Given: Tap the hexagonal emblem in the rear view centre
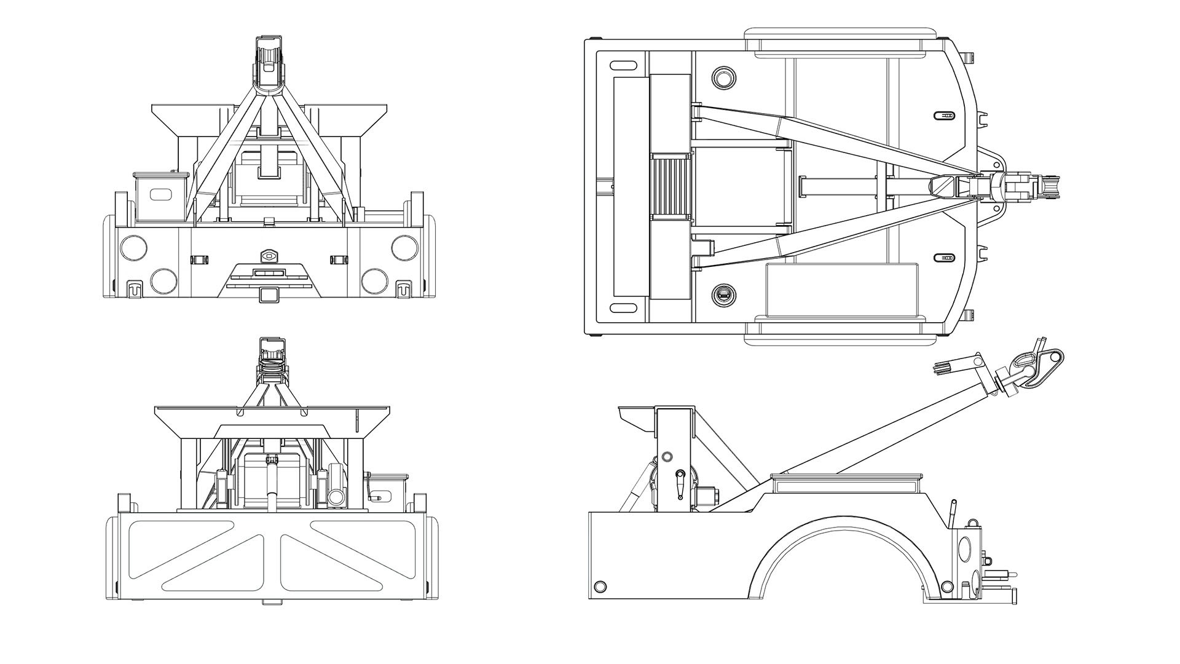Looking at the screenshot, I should tap(269, 255).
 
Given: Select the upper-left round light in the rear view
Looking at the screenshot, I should tap(134, 247).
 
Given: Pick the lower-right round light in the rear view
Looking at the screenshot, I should tap(374, 280).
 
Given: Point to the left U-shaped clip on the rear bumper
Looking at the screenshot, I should tap(135, 288).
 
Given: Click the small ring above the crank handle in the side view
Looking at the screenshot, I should tap(667, 457).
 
